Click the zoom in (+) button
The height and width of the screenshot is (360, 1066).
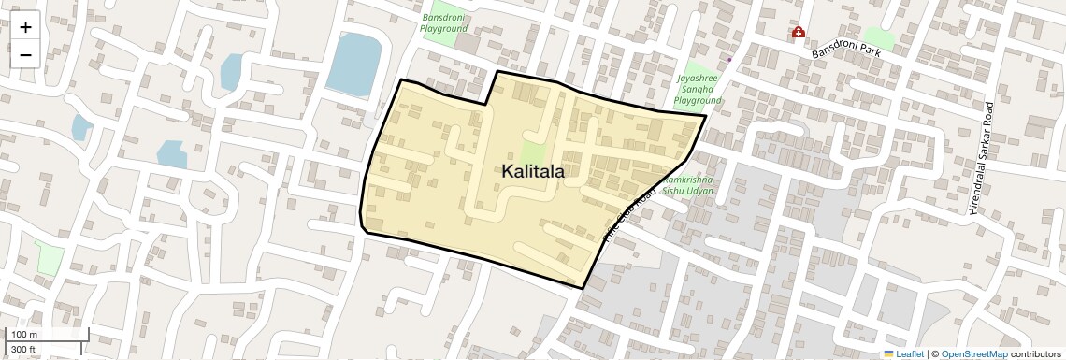25,27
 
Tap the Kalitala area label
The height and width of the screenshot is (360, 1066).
533,171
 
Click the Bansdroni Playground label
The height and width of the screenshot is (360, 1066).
443,22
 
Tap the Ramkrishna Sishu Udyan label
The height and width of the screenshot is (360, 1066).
688,184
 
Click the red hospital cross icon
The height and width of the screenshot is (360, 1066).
798,33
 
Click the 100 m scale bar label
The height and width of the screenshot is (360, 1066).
24,335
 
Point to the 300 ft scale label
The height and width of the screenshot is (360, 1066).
23,349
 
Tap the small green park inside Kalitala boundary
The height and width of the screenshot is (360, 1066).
532,155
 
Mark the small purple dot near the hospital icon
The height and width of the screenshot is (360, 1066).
729,59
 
